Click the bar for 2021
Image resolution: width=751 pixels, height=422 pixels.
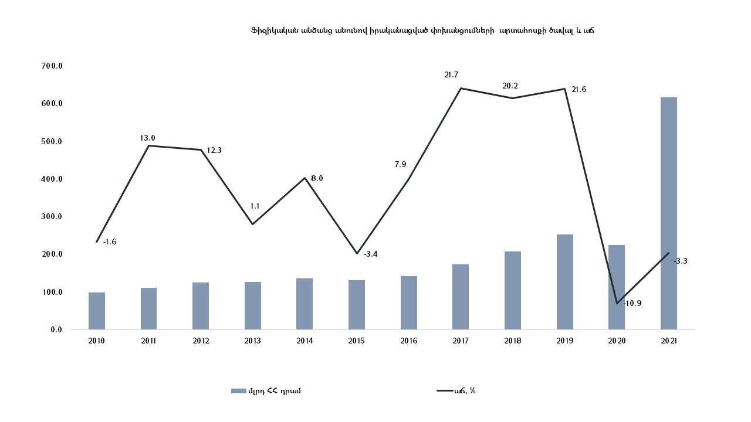668,213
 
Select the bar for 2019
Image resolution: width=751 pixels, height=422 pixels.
564,282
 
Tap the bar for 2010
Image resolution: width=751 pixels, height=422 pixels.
97,311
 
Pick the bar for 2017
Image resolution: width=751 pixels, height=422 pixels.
461,297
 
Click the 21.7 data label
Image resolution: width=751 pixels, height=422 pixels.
451,75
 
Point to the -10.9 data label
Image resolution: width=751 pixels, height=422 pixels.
632,304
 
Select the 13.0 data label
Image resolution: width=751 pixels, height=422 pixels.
147,138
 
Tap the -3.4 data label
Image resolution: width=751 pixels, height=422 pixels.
371,254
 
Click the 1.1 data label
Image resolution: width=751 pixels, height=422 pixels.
255,206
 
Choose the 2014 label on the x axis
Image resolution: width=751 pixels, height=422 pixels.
305,341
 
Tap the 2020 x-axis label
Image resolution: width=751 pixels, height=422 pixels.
617,341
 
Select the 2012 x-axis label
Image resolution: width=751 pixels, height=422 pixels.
201,341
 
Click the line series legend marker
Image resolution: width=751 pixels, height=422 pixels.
443,391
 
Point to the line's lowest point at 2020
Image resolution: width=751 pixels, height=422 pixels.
617,303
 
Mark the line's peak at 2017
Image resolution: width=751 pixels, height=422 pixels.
461,89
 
